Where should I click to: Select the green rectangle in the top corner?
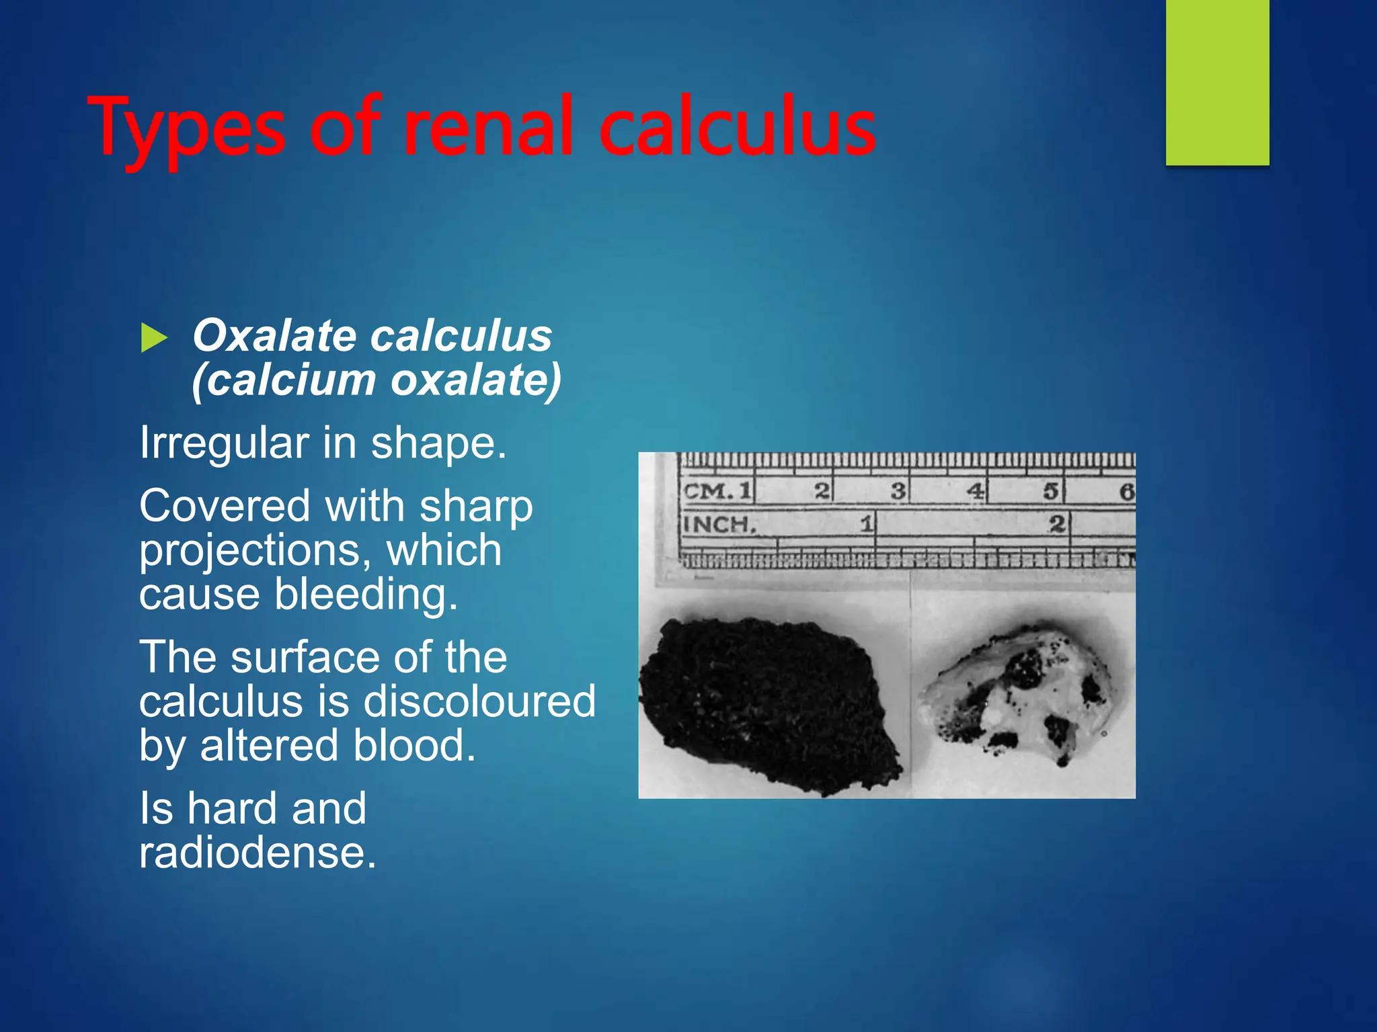click(1217, 82)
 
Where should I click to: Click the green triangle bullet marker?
click(154, 337)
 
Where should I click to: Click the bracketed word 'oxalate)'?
click(476, 380)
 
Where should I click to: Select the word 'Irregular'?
click(225, 443)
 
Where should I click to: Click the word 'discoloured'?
click(479, 701)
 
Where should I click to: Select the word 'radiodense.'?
click(258, 853)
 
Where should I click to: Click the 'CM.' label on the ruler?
click(707, 491)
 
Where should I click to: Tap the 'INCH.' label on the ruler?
click(719, 524)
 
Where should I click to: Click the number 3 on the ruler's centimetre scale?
click(898, 491)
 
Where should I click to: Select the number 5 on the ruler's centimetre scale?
click(1051, 491)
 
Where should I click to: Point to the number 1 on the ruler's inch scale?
click(867, 523)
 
